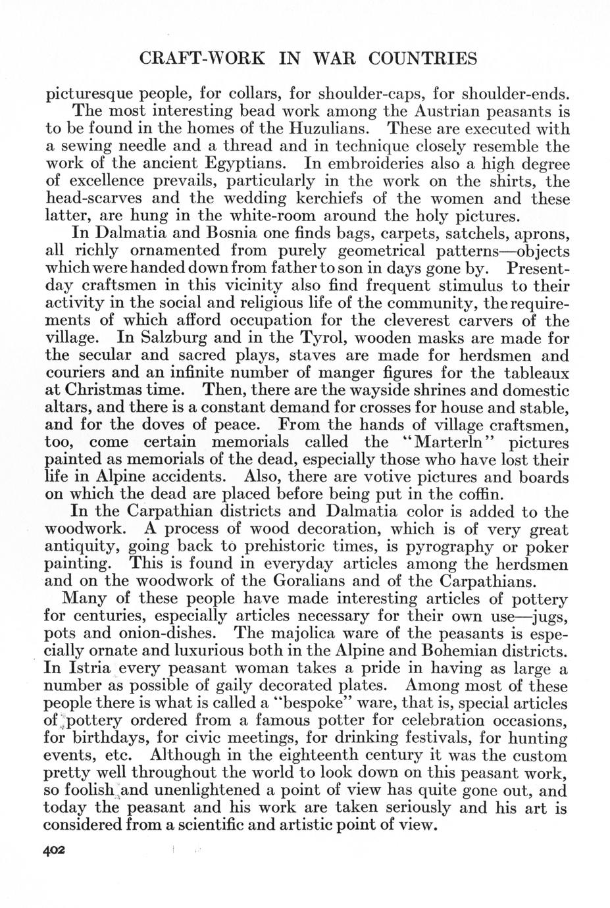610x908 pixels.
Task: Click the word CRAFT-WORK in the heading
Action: click(x=202, y=59)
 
